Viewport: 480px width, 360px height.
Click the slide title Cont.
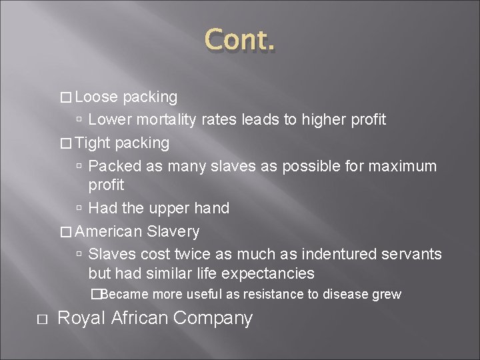click(239, 41)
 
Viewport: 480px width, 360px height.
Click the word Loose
click(96, 97)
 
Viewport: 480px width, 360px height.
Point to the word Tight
click(93, 143)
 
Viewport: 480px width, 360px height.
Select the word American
click(109, 232)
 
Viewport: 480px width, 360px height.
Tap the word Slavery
click(173, 232)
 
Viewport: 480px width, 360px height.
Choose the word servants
click(411, 255)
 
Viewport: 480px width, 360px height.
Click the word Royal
click(82, 319)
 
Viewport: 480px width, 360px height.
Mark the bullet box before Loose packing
click(65, 98)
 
